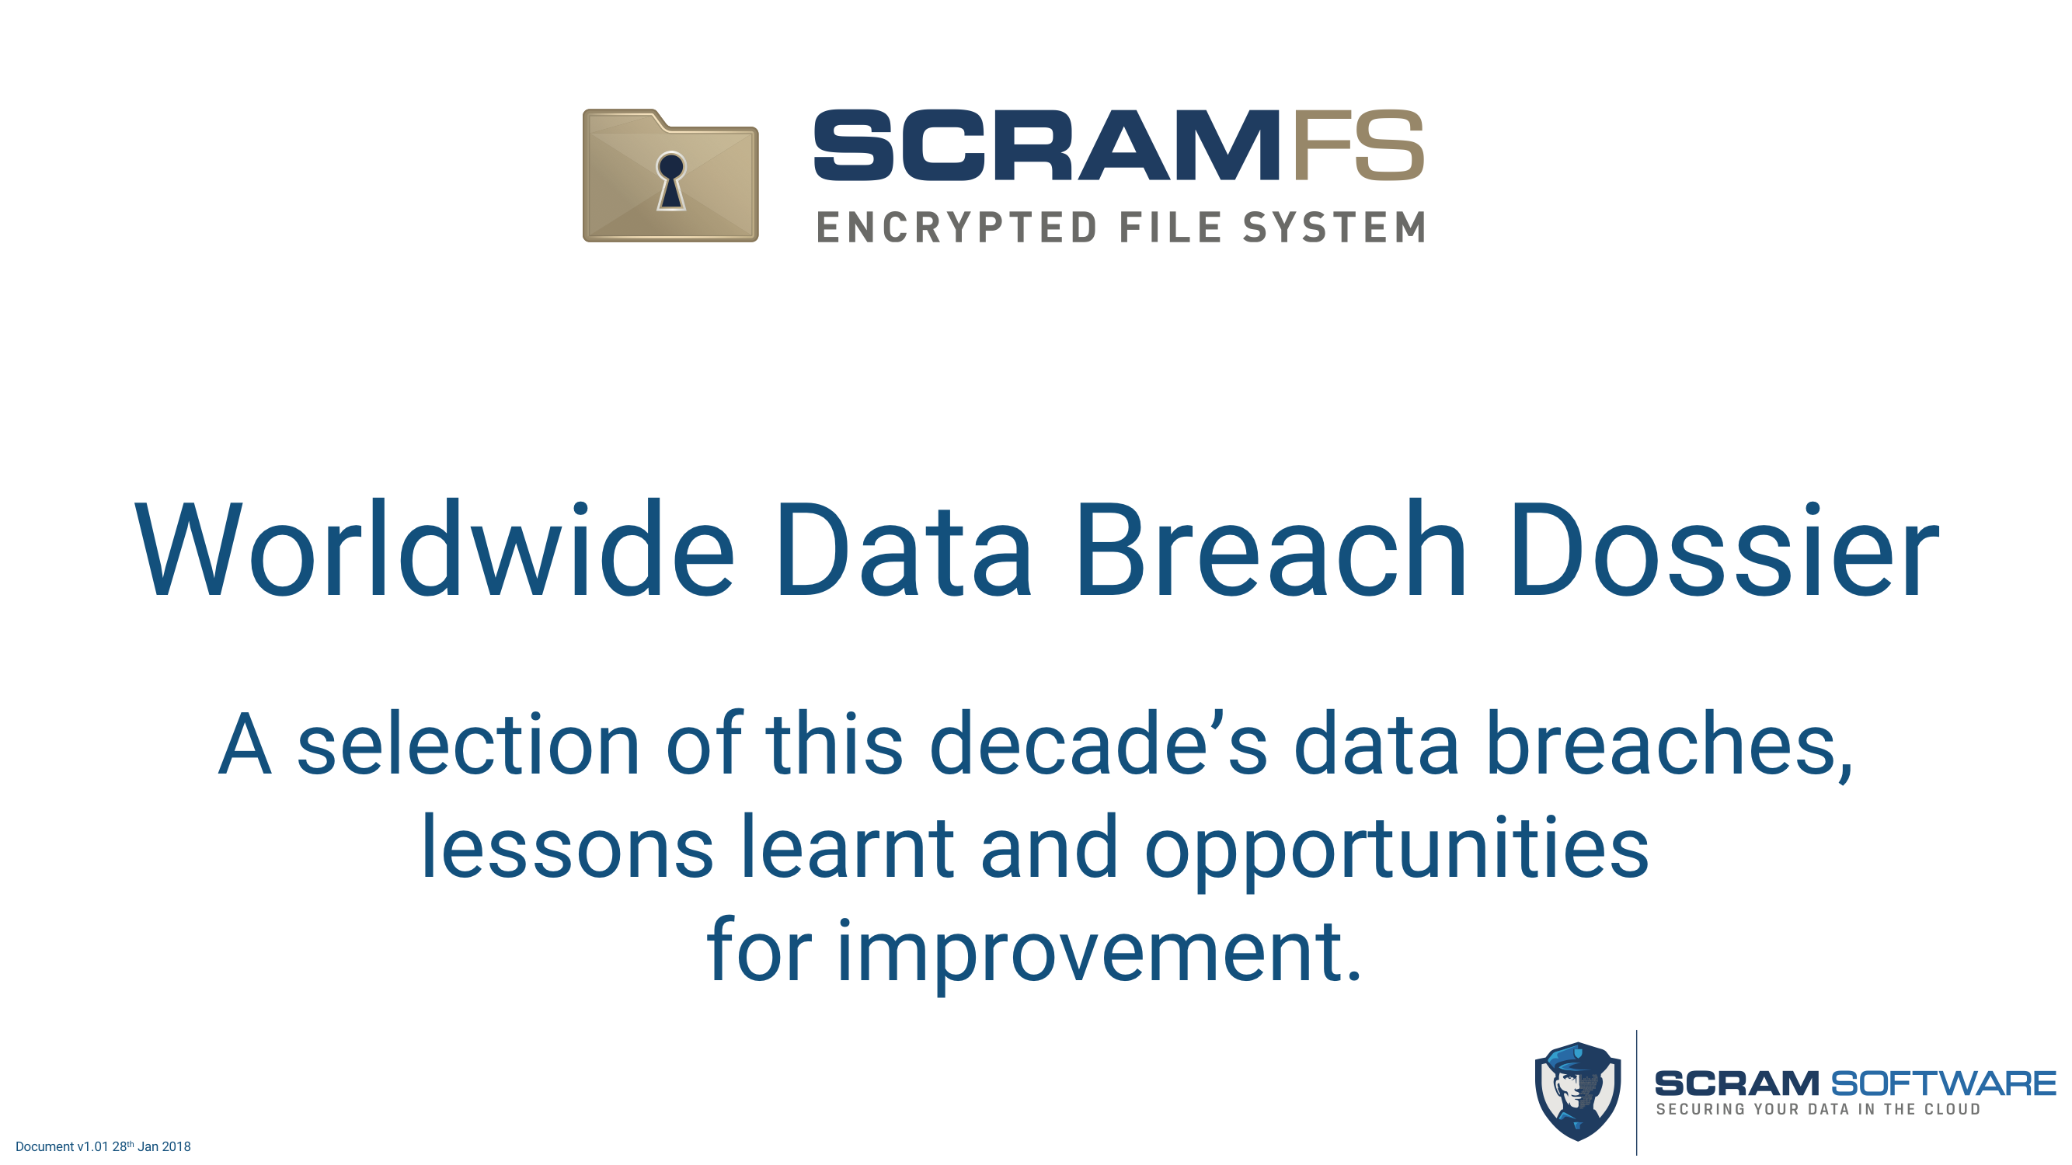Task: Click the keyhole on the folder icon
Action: (670, 181)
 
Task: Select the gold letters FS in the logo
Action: (1360, 144)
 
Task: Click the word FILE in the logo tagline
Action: (1171, 227)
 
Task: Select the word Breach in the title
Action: (1272, 550)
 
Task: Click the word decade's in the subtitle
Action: (1098, 744)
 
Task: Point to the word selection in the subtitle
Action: (468, 744)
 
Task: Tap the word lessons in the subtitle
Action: (567, 847)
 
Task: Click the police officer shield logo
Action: (1577, 1091)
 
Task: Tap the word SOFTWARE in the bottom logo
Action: (1943, 1083)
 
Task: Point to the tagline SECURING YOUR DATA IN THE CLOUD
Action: (1818, 1110)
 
